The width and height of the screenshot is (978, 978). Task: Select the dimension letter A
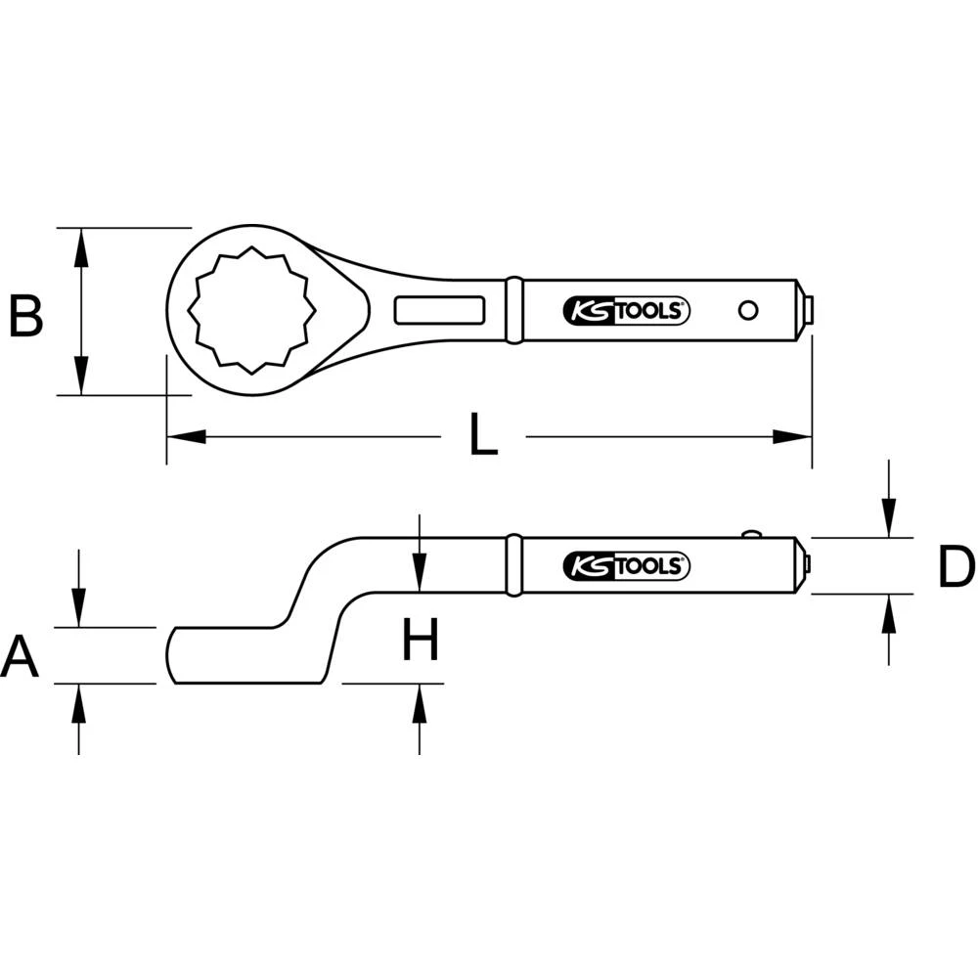pyautogui.click(x=21, y=656)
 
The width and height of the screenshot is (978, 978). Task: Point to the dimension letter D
pyautogui.click(x=955, y=568)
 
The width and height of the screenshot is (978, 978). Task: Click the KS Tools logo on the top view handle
pyautogui.click(x=627, y=311)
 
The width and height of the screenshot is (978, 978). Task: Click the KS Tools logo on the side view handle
pyautogui.click(x=627, y=565)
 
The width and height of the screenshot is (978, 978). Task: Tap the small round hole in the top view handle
pyautogui.click(x=748, y=310)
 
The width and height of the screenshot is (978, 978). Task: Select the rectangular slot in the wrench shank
pyautogui.click(x=440, y=310)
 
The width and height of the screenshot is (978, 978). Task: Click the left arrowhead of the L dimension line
pyautogui.click(x=186, y=436)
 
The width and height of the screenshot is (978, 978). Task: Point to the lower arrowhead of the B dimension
pyautogui.click(x=82, y=377)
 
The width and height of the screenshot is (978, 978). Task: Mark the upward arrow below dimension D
pyautogui.click(x=888, y=613)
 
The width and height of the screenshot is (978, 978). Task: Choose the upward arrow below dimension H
pyautogui.click(x=419, y=704)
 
